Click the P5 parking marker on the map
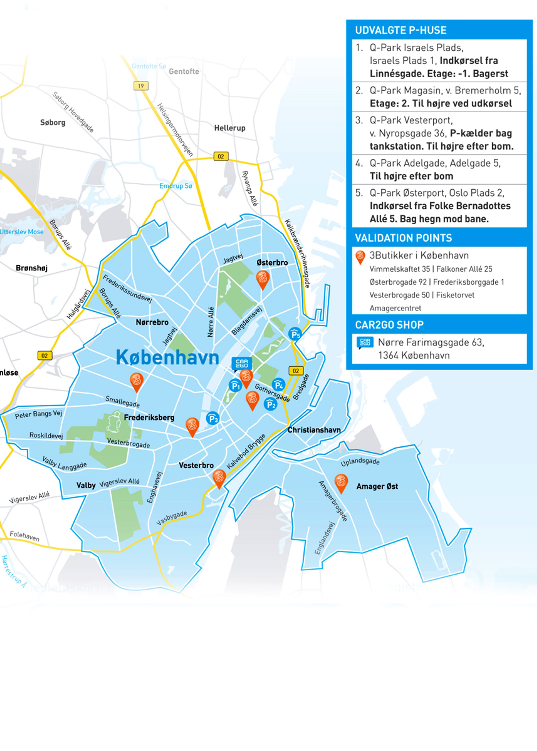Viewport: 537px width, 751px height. [x=295, y=334]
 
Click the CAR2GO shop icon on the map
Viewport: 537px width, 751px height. [x=242, y=364]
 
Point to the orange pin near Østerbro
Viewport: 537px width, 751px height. [x=263, y=279]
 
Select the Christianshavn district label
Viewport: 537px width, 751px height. [x=314, y=430]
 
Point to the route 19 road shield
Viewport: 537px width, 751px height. [x=141, y=86]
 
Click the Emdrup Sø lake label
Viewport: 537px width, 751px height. [x=176, y=186]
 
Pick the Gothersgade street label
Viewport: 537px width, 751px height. [x=272, y=393]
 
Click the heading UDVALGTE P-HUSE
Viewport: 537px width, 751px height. [x=401, y=30]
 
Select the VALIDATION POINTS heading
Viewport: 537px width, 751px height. [x=403, y=238]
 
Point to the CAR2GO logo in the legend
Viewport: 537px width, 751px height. [x=365, y=342]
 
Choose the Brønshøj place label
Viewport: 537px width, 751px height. [x=32, y=268]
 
